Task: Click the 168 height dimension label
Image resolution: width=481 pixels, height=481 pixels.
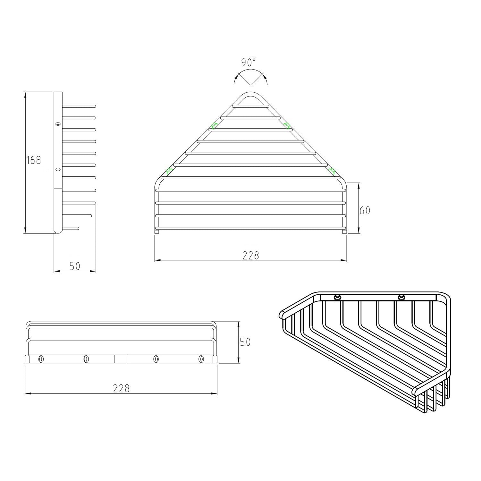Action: point(34,160)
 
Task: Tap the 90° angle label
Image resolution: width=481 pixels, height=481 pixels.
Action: point(249,62)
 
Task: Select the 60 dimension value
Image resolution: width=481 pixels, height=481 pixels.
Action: point(365,211)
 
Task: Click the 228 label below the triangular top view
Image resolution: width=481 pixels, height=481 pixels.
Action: point(250,255)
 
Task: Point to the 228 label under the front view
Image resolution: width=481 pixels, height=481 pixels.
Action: point(121,388)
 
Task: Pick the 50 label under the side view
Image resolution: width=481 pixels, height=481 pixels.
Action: point(74,266)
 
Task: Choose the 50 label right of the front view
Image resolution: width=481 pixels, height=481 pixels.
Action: point(245,342)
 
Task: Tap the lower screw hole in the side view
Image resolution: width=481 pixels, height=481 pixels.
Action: point(58,169)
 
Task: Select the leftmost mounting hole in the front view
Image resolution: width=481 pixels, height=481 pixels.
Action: point(41,359)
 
